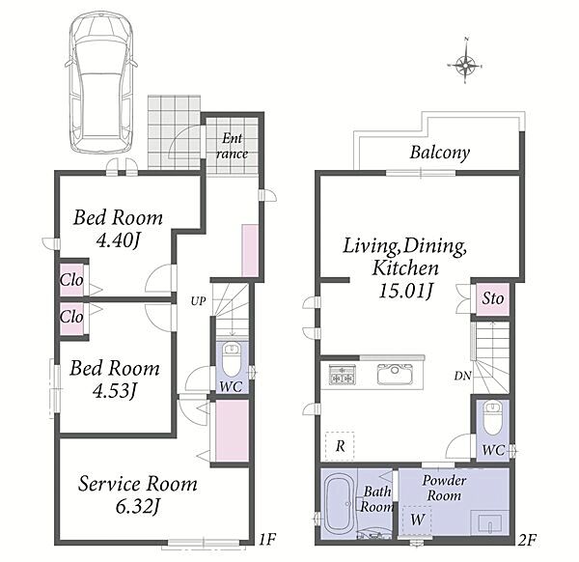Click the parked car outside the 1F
(101, 82)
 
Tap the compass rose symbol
(466, 66)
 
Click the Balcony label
(439, 153)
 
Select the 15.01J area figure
(405, 291)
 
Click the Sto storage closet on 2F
(492, 299)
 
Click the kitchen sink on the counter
(395, 374)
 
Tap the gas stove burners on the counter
(343, 374)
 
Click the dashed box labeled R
(340, 446)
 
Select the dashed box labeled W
(417, 520)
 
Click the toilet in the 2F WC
(492, 419)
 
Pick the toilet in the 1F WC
(232, 359)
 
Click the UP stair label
(198, 301)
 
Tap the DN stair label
(462, 377)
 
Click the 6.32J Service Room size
(137, 507)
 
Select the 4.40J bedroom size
(118, 240)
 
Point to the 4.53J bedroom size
(115, 391)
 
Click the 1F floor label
(267, 540)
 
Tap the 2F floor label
(527, 541)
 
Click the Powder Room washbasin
(490, 523)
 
